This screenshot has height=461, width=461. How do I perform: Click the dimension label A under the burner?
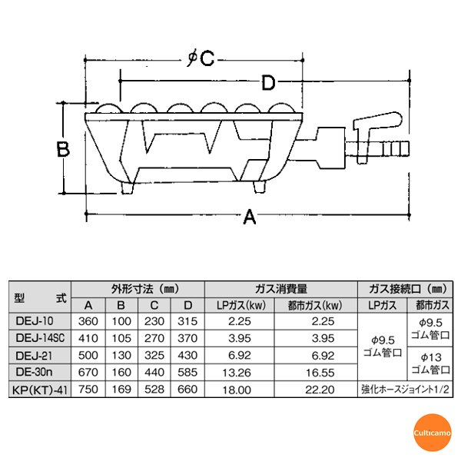click(x=248, y=220)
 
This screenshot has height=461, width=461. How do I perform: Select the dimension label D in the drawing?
click(x=267, y=81)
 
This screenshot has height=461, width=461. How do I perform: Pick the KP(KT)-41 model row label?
click(x=38, y=390)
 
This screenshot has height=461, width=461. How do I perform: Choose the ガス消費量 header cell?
click(x=280, y=290)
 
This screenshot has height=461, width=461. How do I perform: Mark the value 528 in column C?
click(x=154, y=390)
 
